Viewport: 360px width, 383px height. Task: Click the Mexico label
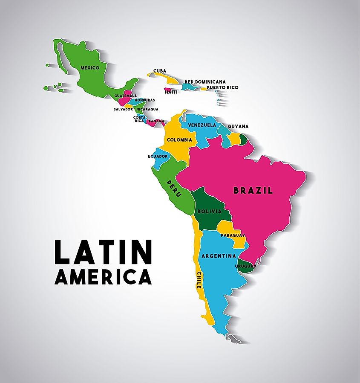89,68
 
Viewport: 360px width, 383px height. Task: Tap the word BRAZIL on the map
253,191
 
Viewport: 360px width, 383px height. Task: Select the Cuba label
160,71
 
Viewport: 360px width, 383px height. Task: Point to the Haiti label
171,92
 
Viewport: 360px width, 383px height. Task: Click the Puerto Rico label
222,87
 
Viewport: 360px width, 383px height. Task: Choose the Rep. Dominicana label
205,81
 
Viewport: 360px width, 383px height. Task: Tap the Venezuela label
202,125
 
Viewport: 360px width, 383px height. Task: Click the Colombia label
179,140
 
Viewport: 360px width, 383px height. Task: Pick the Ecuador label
158,156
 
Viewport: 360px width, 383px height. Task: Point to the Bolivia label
209,211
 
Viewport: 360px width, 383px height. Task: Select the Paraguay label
233,235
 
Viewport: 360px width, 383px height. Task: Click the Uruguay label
245,266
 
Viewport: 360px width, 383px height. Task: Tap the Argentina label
219,256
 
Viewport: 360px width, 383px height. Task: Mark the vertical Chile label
199,280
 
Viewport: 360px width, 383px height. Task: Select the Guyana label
238,126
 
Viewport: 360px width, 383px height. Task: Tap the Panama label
156,121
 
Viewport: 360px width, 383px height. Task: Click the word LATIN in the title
103,252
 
